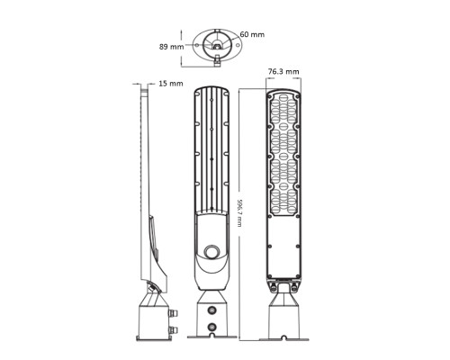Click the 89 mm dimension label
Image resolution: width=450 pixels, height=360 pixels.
pyautogui.click(x=171, y=47)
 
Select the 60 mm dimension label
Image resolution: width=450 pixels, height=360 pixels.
pyautogui.click(x=252, y=34)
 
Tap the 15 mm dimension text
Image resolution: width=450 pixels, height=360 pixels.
pyautogui.click(x=171, y=84)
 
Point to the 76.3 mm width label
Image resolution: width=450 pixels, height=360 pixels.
pyautogui.click(x=283, y=71)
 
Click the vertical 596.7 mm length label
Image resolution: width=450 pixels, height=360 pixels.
pyautogui.click(x=239, y=212)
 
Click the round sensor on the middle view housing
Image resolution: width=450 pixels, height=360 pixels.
pyautogui.click(x=211, y=251)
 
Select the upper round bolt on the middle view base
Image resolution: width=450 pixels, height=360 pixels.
pyautogui.click(x=212, y=310)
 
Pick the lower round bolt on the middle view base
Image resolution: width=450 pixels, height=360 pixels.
pyautogui.click(x=212, y=327)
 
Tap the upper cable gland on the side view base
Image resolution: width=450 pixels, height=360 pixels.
pyautogui.click(x=174, y=313)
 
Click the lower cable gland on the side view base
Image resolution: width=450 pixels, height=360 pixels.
pyautogui.click(x=174, y=330)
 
